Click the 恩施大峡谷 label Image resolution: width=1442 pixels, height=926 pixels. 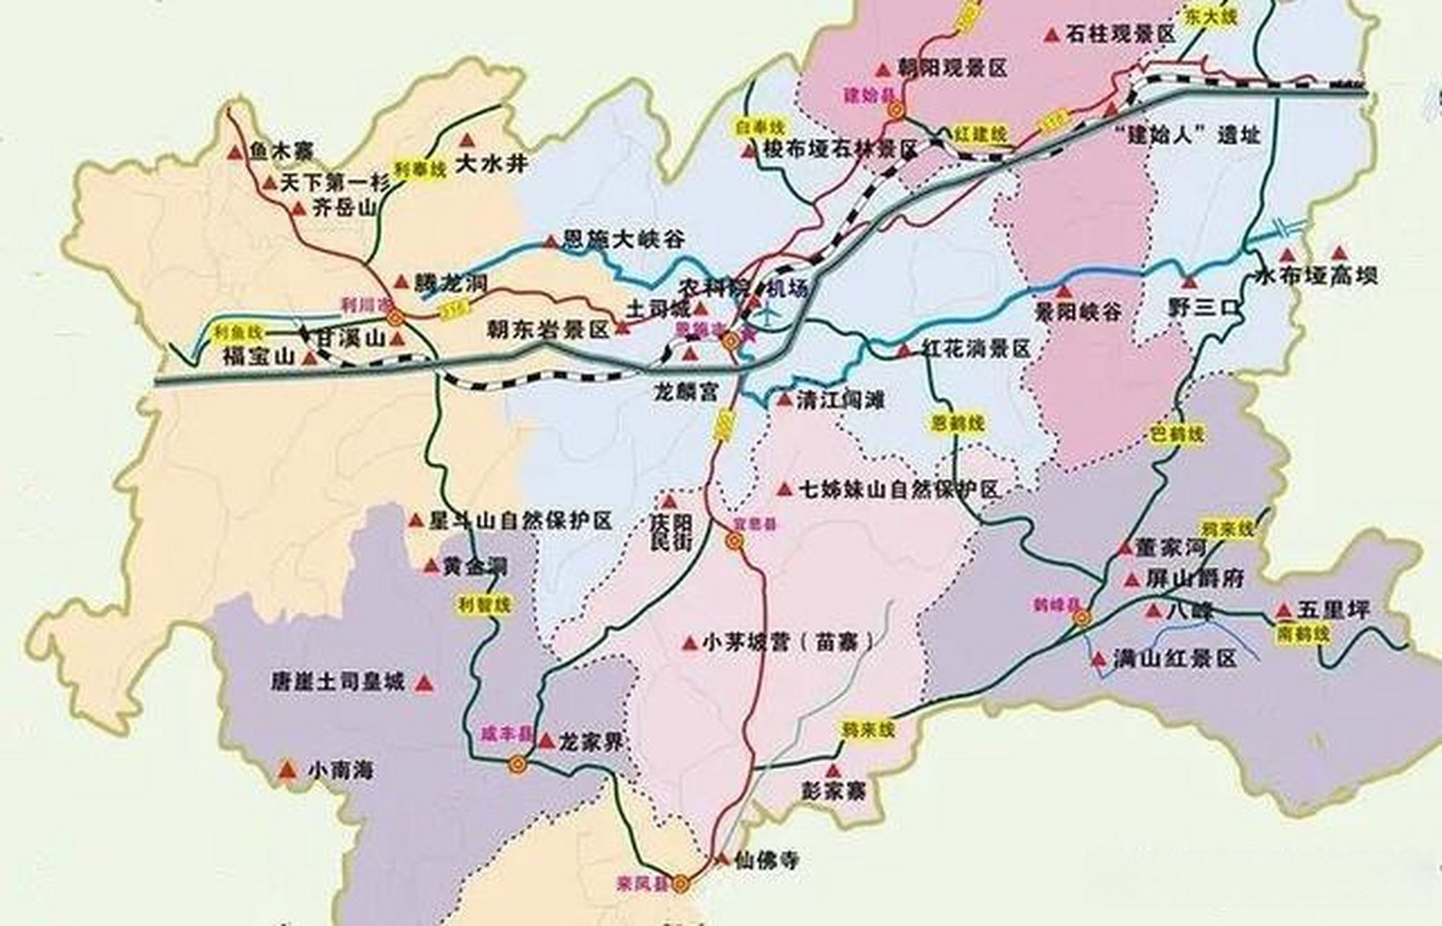click(623, 239)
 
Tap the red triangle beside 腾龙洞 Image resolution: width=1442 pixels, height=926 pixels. click(402, 282)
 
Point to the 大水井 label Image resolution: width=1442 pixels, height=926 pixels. click(492, 164)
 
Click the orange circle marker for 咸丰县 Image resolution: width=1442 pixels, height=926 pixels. click(517, 765)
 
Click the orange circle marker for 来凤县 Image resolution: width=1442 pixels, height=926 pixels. click(680, 884)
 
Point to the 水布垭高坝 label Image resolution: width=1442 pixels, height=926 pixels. click(1316, 276)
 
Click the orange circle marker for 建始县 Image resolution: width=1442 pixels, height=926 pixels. click(896, 111)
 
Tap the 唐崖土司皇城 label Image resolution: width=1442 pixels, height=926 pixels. click(338, 681)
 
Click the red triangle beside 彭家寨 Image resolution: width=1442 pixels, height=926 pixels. click(834, 771)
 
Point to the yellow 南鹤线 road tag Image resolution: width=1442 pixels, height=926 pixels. click(1304, 634)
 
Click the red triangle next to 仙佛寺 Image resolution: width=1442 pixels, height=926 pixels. click(721, 859)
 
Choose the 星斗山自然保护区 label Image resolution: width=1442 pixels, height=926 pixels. click(520, 520)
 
